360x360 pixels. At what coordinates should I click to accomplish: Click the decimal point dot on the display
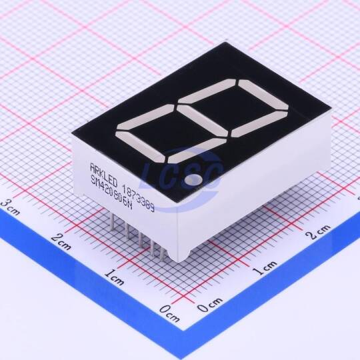tap(193, 179)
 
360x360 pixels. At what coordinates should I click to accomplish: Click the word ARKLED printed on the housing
tap(104, 175)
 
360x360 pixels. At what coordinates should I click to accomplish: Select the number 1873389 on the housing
tap(139, 198)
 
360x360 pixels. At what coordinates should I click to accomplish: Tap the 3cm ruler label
tap(11, 207)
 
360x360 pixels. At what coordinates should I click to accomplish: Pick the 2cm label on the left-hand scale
tap(61, 241)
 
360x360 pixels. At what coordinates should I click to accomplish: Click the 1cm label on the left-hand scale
tap(115, 277)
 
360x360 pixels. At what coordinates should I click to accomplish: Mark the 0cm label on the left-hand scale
tap(169, 313)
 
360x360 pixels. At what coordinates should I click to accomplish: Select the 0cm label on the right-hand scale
tap(210, 305)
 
